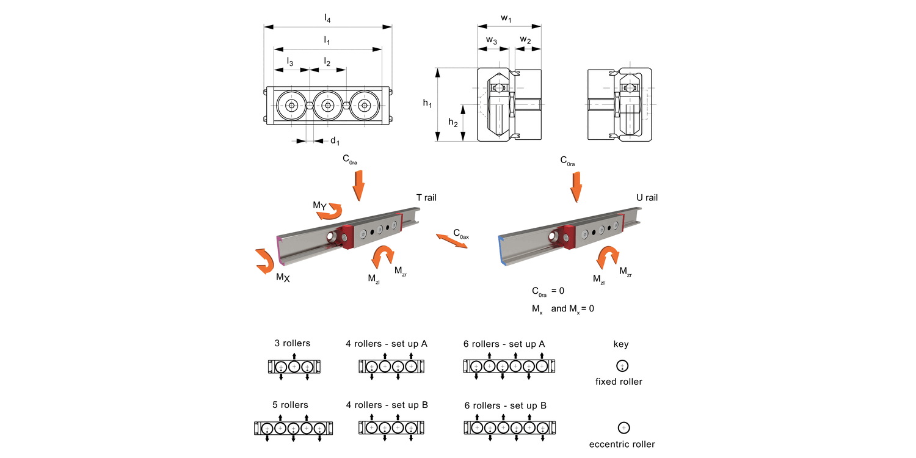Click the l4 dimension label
tap(328, 18)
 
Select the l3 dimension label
tap(290, 62)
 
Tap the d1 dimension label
tap(335, 142)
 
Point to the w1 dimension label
tap(506, 18)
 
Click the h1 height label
tap(427, 104)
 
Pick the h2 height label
tap(453, 123)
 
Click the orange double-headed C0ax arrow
tap(452, 239)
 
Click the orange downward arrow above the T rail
tap(358, 184)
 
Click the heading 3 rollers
tap(291, 343)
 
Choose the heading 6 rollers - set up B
tap(505, 405)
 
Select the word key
tap(621, 344)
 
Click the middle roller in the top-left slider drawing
tap(328, 106)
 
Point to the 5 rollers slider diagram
tap(293, 428)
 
